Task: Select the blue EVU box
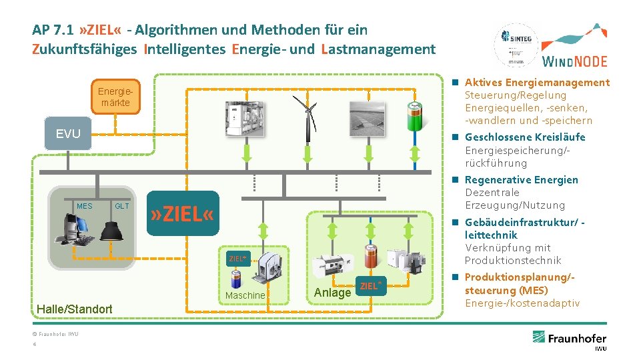[68, 134]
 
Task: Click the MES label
[85, 206]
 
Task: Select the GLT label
[121, 206]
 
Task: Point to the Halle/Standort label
[75, 309]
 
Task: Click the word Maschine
[245, 295]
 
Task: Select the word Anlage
[332, 293]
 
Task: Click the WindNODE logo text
[575, 61]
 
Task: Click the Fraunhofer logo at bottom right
[569, 337]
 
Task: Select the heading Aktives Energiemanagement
[537, 83]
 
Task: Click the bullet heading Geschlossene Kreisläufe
[525, 137]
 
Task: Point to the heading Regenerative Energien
[522, 180]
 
